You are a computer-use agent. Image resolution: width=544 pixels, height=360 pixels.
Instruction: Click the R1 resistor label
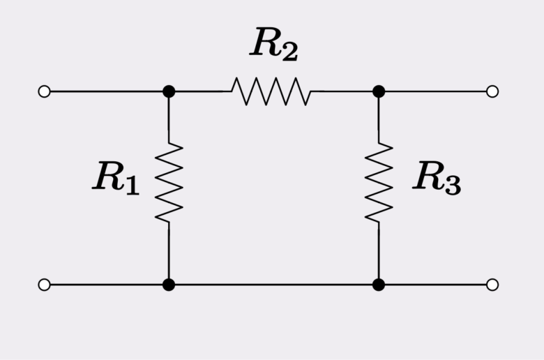116,177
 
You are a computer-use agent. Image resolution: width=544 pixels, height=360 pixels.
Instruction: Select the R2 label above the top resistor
274,45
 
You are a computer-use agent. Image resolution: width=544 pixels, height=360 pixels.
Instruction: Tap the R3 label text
437,177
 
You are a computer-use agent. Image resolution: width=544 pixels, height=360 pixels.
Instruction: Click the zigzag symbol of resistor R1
169,183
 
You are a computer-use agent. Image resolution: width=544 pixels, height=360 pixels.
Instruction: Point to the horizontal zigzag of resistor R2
271,91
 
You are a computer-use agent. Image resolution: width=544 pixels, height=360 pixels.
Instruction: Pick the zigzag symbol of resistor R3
379,183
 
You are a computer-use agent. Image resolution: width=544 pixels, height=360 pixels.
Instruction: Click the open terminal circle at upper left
45,91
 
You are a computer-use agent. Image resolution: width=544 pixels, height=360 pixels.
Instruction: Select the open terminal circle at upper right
492,91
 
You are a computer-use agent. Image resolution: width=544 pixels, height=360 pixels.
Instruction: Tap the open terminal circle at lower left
45,285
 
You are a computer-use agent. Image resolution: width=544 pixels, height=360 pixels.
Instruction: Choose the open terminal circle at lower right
492,285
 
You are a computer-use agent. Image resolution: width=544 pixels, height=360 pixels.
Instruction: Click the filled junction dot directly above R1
169,91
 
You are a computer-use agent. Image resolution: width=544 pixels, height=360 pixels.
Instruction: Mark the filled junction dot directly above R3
379,91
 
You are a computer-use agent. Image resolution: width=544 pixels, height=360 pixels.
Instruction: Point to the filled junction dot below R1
169,285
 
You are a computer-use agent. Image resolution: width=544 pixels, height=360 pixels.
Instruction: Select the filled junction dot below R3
379,285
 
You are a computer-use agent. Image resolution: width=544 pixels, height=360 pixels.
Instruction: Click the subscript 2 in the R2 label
289,51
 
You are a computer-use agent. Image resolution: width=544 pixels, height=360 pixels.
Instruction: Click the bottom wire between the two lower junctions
273,285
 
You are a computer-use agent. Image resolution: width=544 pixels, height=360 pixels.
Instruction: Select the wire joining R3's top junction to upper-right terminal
435,91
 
